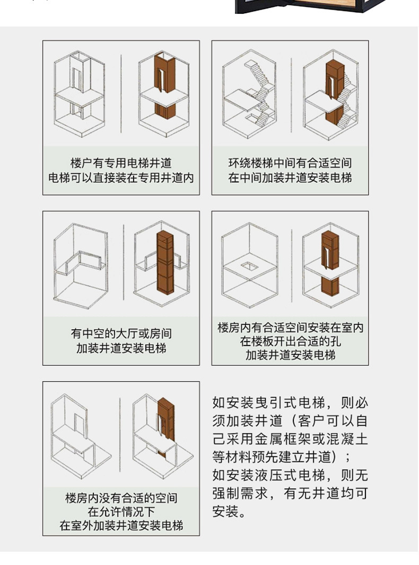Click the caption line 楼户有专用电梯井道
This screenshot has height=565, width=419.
coord(121,163)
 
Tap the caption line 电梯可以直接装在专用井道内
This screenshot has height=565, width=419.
coord(121,178)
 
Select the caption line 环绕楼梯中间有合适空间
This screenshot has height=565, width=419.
coord(290,163)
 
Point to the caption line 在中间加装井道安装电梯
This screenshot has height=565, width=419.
coord(290,178)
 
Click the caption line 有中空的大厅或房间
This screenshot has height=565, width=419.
coord(121,334)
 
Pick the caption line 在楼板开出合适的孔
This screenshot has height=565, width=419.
coord(290,341)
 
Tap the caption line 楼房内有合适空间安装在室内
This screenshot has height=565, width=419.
coord(290,327)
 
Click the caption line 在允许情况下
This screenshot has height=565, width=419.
coord(121,512)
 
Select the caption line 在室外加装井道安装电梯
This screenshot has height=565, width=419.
coord(121,526)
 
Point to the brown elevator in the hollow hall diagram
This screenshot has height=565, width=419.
coord(164,262)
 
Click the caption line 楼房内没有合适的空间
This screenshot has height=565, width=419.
coord(121,498)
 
